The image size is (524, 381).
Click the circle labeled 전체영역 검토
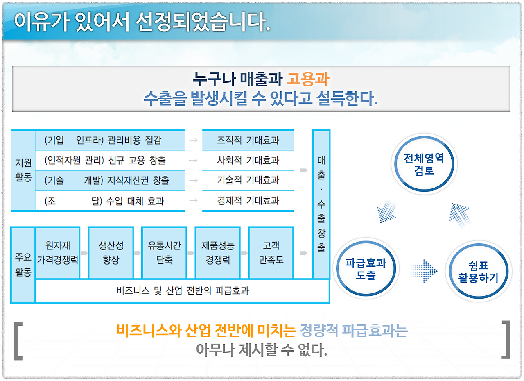click(424, 164)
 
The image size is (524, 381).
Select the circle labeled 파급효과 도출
click(366, 269)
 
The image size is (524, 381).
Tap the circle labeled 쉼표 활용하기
click(478, 271)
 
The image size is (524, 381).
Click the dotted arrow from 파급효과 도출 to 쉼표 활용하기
click(424, 270)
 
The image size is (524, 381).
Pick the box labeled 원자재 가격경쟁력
click(58, 253)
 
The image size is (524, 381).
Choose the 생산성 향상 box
click(111, 253)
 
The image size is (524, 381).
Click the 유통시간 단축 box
click(164, 253)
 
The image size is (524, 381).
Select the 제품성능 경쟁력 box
click(217, 253)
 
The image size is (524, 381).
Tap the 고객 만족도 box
click(271, 253)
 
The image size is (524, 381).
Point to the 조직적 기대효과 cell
click(248, 140)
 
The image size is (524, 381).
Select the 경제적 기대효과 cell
click(248, 201)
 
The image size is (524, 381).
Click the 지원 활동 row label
click(23, 170)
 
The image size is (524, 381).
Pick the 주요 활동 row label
click(23, 265)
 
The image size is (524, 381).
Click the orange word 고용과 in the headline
click(307, 79)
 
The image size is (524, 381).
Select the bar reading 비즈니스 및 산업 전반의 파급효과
click(183, 291)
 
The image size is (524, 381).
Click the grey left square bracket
click(18, 340)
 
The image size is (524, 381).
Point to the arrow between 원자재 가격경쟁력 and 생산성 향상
click(84, 253)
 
